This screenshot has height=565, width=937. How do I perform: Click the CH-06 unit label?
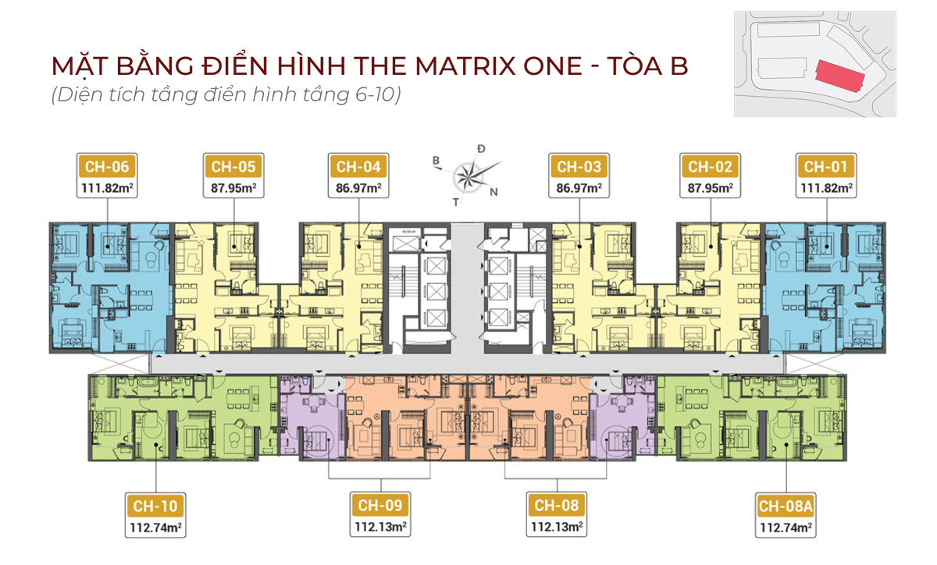click(x=107, y=166)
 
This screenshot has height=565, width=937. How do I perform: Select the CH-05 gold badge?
click(x=233, y=166)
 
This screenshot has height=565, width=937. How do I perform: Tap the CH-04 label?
click(x=358, y=166)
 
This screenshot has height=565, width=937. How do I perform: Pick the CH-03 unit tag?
click(x=579, y=166)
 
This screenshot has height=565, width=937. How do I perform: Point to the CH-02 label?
click(x=711, y=166)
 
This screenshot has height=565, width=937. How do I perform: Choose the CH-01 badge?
click(x=826, y=166)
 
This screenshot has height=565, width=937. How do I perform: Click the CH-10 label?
click(x=155, y=506)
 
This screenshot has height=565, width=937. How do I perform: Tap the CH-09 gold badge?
click(x=380, y=505)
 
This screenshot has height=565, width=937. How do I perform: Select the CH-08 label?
click(x=557, y=505)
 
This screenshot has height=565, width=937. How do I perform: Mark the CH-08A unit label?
click(x=786, y=506)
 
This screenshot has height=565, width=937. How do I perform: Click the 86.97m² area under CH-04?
click(x=358, y=188)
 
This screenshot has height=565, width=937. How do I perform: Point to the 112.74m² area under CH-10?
click(x=155, y=528)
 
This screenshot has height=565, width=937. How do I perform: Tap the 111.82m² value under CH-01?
click(x=827, y=188)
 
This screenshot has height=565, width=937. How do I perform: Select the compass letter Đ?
click(x=481, y=149)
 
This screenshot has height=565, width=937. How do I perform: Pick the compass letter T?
click(x=455, y=202)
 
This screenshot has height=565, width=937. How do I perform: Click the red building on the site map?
click(x=840, y=76)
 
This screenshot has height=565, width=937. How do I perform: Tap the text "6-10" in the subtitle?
click(x=374, y=94)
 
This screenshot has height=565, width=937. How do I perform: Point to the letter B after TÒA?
click(x=679, y=66)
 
